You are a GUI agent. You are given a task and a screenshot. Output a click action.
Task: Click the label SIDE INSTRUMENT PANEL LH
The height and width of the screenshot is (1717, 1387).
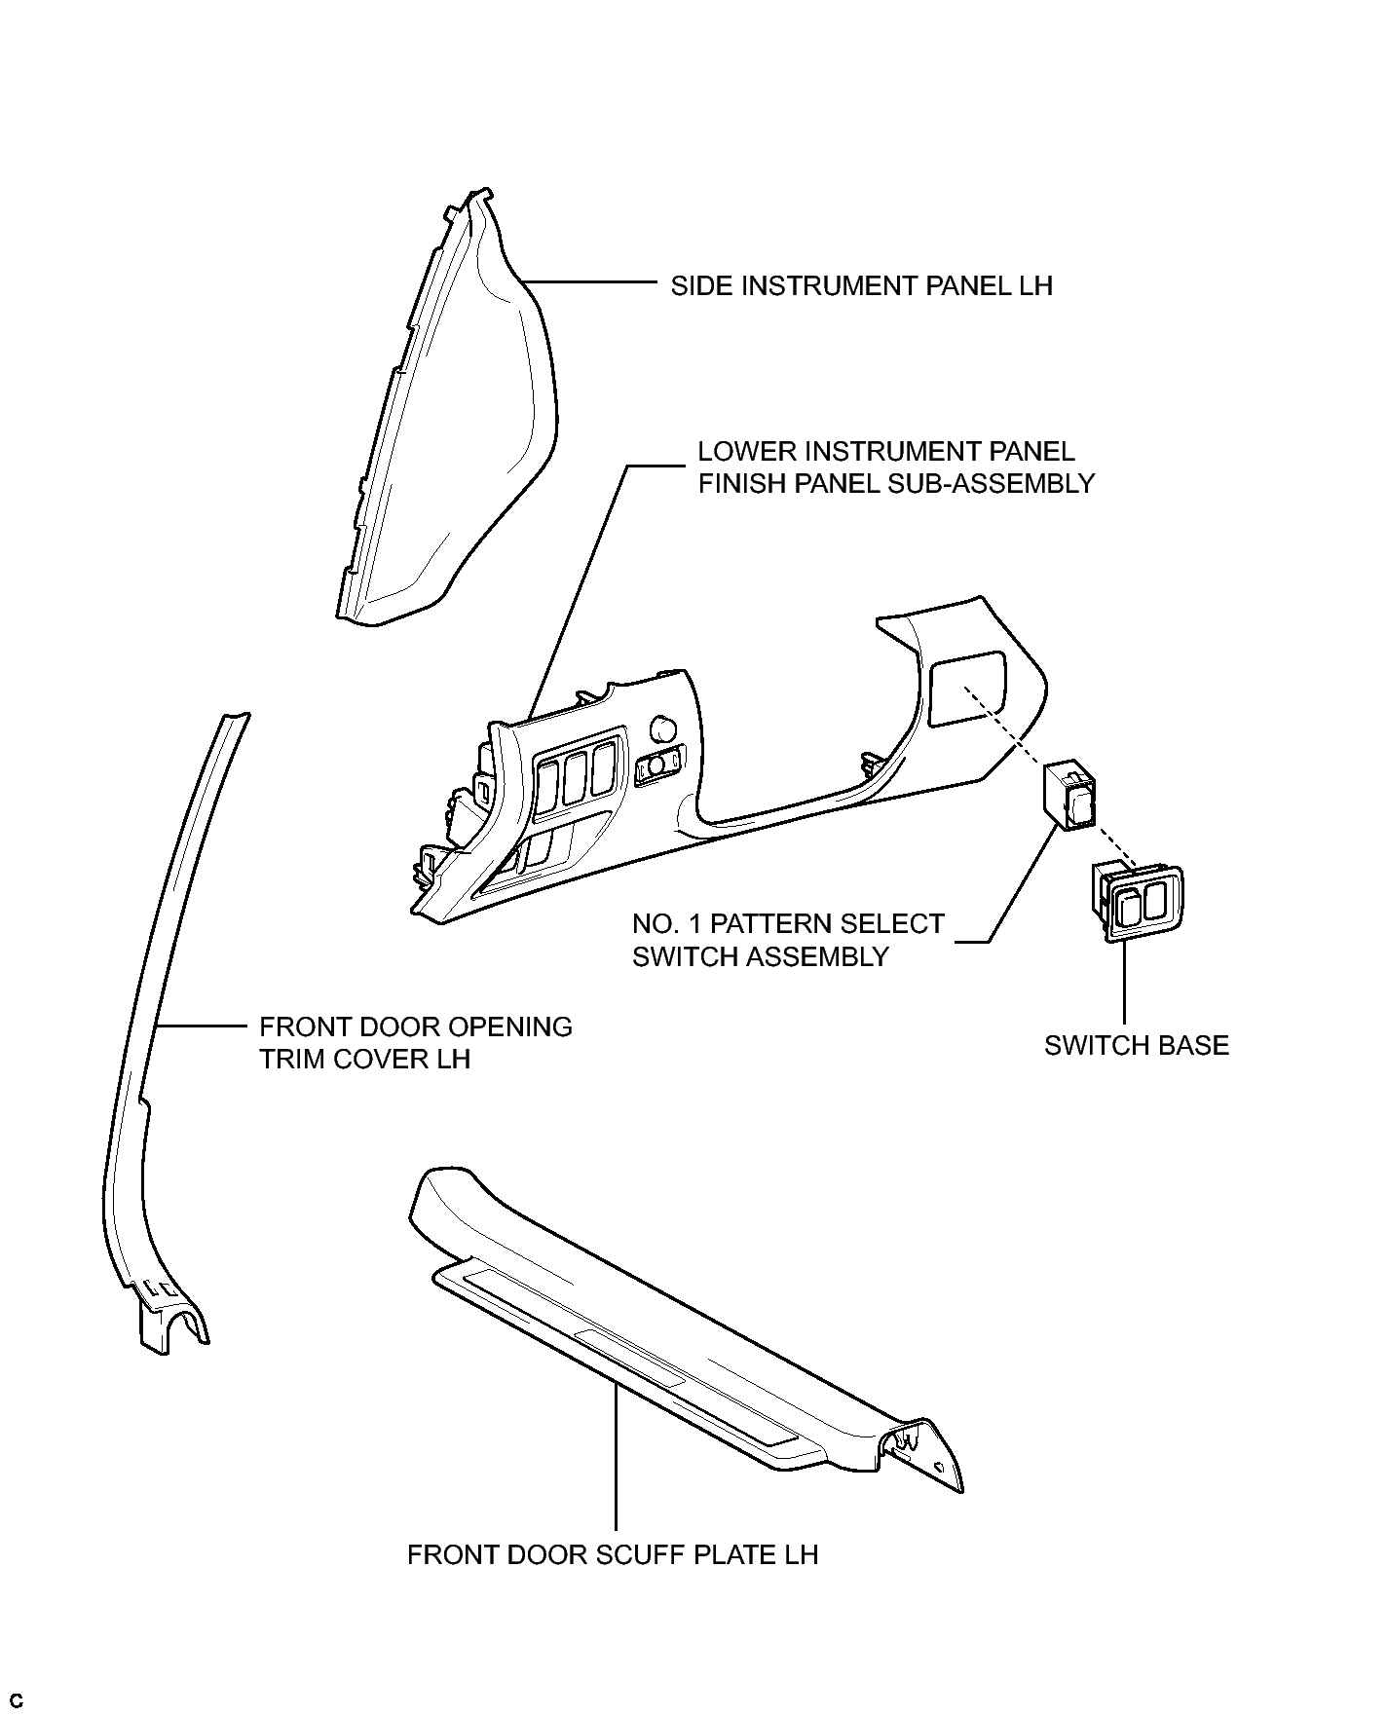(861, 286)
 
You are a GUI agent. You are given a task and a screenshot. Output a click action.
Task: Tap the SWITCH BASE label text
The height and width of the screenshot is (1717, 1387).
(1136, 1046)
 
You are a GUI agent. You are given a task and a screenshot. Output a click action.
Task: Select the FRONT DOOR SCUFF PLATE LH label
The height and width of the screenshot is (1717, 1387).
(612, 1554)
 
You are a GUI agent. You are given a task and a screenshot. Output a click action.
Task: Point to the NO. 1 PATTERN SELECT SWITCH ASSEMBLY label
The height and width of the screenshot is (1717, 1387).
(787, 940)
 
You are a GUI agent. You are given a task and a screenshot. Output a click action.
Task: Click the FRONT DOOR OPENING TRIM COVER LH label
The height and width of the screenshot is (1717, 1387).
(415, 1043)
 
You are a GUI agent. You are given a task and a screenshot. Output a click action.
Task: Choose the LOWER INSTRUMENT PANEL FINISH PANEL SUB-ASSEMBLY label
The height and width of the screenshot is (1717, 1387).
(895, 467)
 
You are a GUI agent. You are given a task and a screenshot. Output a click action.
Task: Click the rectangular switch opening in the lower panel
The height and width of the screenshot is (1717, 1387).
(965, 688)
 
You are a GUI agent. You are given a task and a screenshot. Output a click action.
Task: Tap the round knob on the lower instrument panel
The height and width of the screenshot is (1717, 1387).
(662, 727)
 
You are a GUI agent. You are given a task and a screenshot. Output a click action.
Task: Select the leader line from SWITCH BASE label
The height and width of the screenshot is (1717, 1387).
(1124, 984)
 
